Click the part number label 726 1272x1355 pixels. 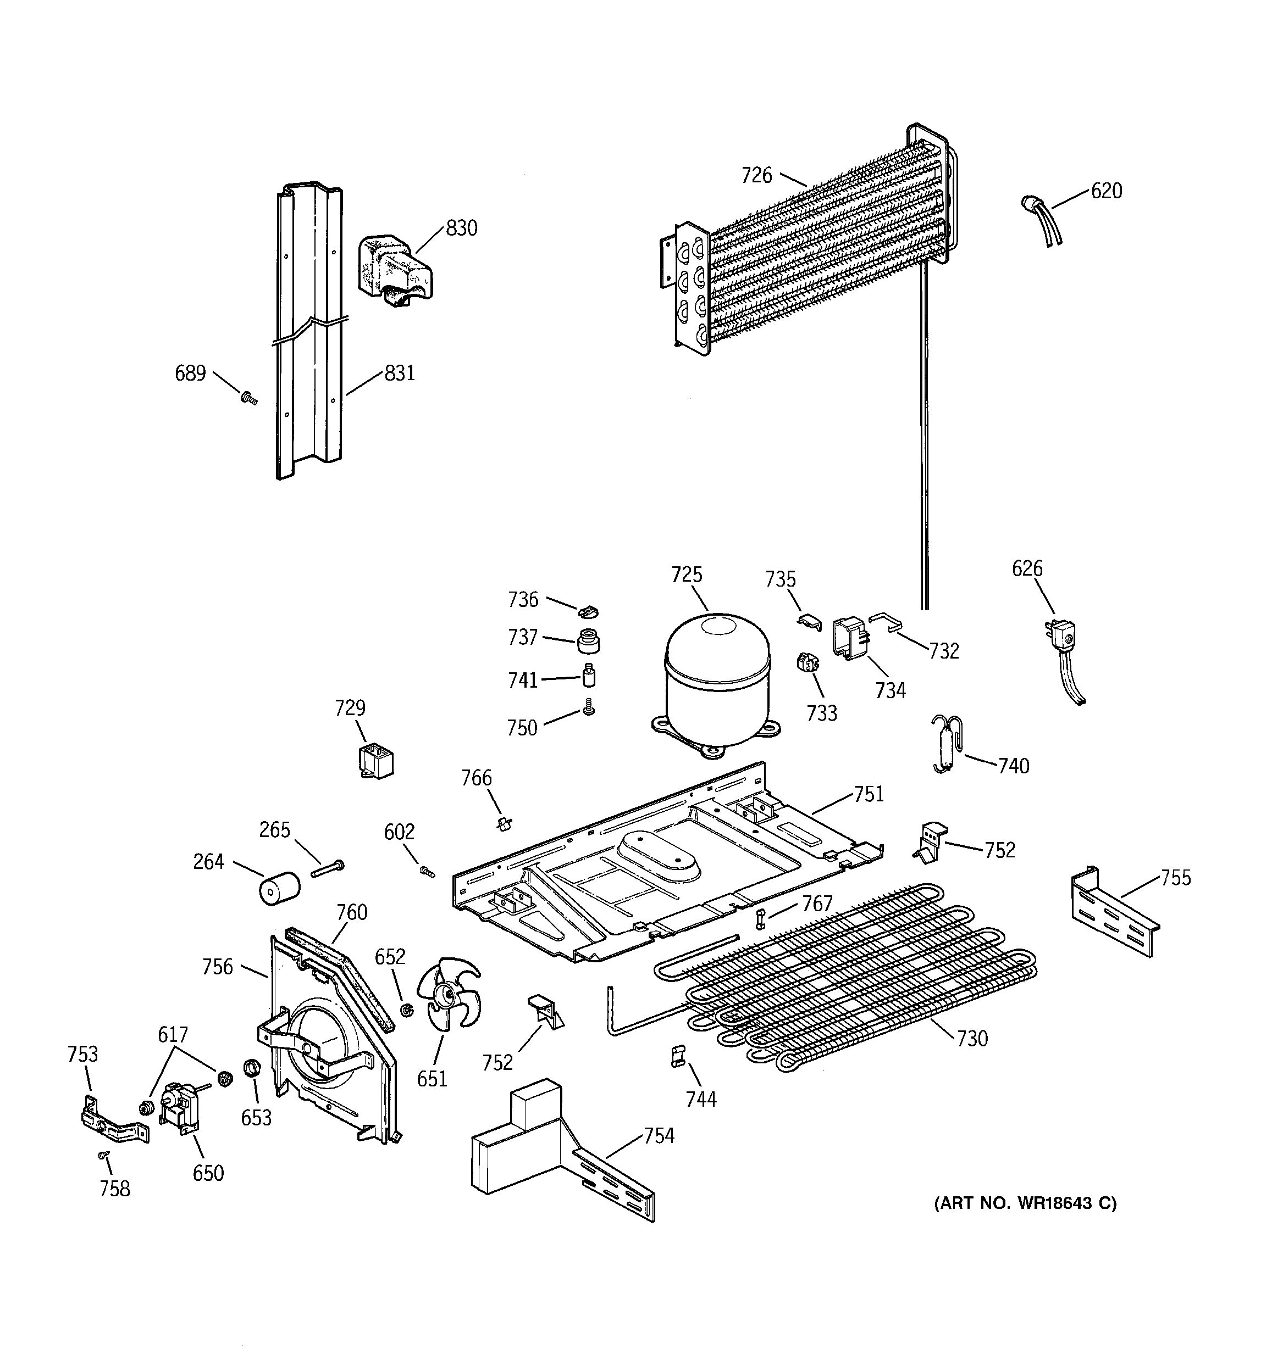756,176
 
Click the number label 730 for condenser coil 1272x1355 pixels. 972,1039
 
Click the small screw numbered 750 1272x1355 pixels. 589,710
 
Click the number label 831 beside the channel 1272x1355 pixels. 399,373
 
